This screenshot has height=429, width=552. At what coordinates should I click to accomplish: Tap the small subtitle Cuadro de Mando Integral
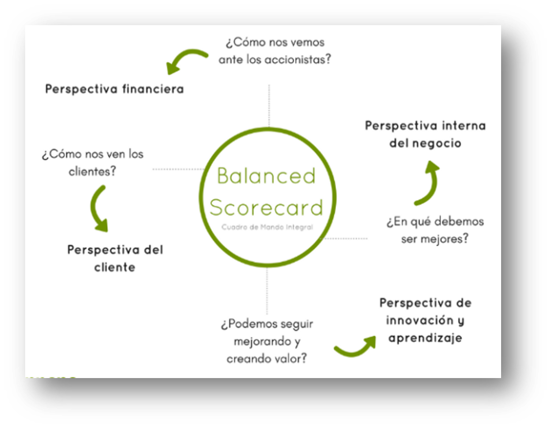[267, 227]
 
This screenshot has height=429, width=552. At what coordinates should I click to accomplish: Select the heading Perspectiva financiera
[114, 89]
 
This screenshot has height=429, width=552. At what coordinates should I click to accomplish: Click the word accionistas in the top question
[297, 59]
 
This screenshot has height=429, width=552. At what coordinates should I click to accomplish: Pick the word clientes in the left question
[92, 171]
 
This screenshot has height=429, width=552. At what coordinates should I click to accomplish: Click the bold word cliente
[115, 267]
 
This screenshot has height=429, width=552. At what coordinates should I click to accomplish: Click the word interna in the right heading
[464, 125]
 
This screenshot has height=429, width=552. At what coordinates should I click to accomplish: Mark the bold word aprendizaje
[426, 338]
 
